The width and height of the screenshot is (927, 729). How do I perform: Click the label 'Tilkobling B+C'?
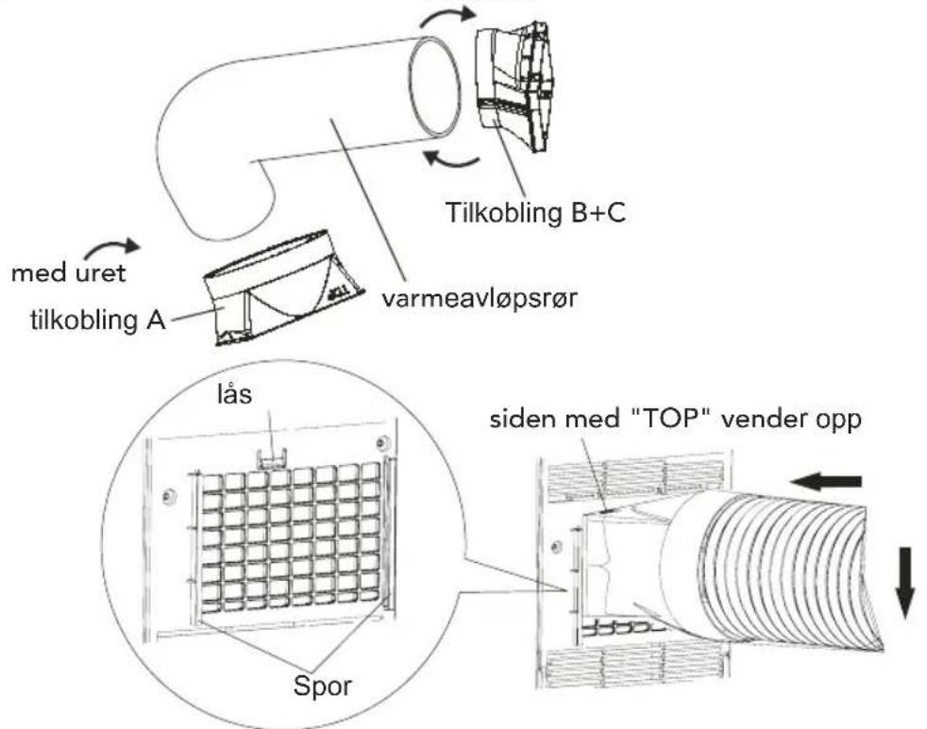[x=535, y=213]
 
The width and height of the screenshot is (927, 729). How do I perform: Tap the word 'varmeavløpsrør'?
[x=479, y=299]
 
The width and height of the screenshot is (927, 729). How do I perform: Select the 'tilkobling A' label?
[x=98, y=320]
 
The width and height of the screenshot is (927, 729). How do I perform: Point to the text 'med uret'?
[x=69, y=273]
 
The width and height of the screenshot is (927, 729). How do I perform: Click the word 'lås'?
[x=235, y=394]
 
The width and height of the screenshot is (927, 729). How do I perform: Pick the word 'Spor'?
[x=322, y=686]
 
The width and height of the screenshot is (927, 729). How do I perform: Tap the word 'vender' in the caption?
[x=764, y=419]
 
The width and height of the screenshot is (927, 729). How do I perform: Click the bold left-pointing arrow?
[x=827, y=482]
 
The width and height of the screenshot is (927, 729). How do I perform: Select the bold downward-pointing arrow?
[x=904, y=583]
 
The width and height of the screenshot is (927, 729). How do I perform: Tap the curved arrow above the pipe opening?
[x=447, y=17]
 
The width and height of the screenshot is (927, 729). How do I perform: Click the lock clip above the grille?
[x=271, y=457]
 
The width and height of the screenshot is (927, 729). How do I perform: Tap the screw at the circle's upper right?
[x=382, y=442]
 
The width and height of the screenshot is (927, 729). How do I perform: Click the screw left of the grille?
[x=169, y=497]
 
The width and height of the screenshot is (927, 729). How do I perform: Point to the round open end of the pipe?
[x=435, y=86]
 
